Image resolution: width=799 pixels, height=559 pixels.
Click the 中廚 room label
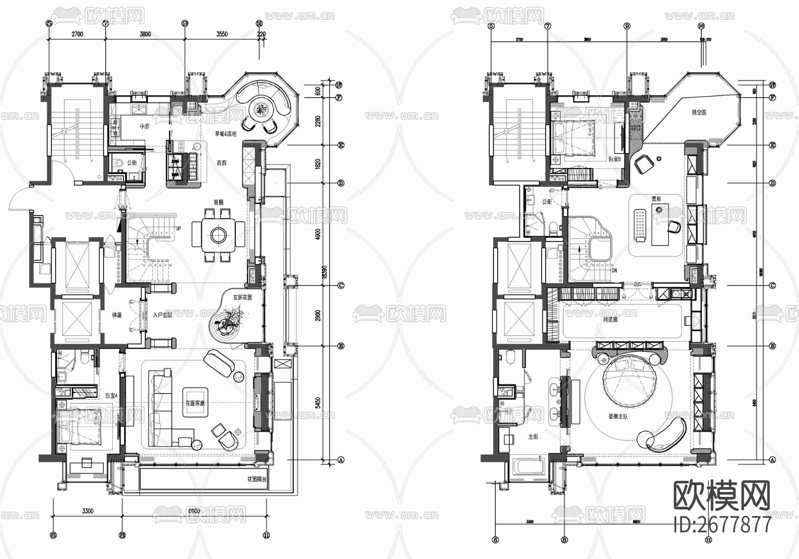[145, 126]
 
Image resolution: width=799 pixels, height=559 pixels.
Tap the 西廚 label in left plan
[222, 163]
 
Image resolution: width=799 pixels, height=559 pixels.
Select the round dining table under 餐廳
[218, 234]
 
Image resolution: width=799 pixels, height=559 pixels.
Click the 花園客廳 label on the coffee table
[195, 404]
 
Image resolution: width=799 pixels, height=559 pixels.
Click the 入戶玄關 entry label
[162, 315]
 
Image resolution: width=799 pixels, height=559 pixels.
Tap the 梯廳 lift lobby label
[117, 315]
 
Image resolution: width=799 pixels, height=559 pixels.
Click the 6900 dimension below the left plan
[194, 511]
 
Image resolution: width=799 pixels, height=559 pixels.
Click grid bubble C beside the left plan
[341, 286]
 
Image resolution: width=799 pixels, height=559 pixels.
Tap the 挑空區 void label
[699, 113]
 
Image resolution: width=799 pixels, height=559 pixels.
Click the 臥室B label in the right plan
[614, 159]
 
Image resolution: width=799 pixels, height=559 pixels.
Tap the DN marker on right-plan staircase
[614, 270]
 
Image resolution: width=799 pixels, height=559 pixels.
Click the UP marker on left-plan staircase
[178, 228]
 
